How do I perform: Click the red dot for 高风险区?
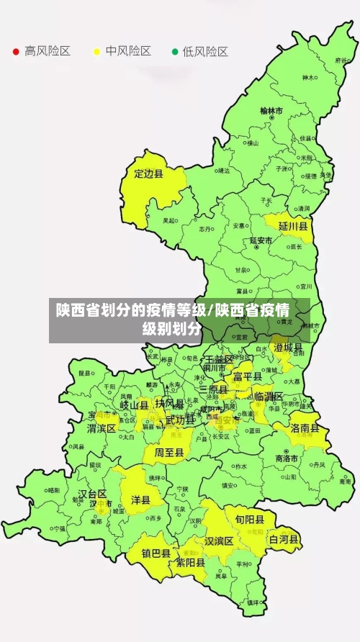click(16, 52)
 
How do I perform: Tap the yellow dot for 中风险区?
click(96, 52)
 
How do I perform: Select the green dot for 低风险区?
click(174, 52)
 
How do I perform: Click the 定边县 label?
click(148, 173)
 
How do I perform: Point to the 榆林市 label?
click(271, 111)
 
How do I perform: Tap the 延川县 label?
click(293, 226)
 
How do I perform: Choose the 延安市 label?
click(261, 240)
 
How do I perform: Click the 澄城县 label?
click(288, 348)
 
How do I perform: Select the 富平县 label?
click(247, 376)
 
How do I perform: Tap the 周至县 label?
click(168, 453)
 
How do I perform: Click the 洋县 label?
click(140, 499)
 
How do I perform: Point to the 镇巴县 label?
click(155, 553)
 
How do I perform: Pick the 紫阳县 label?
click(192, 563)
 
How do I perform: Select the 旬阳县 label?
click(244, 518)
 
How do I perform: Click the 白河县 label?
click(284, 538)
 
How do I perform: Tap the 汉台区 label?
click(92, 494)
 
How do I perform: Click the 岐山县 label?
click(134, 405)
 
